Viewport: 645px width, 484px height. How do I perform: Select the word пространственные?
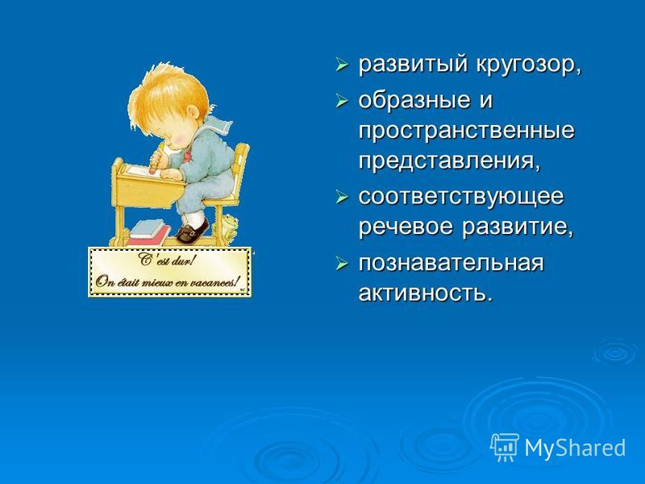click(x=466, y=131)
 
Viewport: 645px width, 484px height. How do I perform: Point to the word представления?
click(x=448, y=161)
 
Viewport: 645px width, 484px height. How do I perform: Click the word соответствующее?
click(x=460, y=196)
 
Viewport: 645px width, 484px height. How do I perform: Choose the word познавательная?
click(x=451, y=264)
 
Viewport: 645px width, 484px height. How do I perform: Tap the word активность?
click(x=426, y=294)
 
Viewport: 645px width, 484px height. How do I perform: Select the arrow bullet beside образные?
click(x=341, y=100)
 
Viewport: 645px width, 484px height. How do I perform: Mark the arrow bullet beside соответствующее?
click(x=341, y=197)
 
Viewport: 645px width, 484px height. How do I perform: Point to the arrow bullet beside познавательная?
click(x=341, y=264)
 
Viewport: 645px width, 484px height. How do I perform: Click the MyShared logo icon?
click(x=505, y=447)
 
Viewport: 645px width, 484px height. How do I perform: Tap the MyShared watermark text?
click(x=575, y=448)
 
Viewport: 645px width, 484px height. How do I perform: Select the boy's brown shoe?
click(x=193, y=232)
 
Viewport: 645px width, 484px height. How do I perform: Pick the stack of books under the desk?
click(x=149, y=232)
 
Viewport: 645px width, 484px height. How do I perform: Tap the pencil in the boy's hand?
click(x=156, y=157)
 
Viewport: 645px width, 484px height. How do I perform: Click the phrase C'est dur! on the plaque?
click(x=167, y=260)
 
